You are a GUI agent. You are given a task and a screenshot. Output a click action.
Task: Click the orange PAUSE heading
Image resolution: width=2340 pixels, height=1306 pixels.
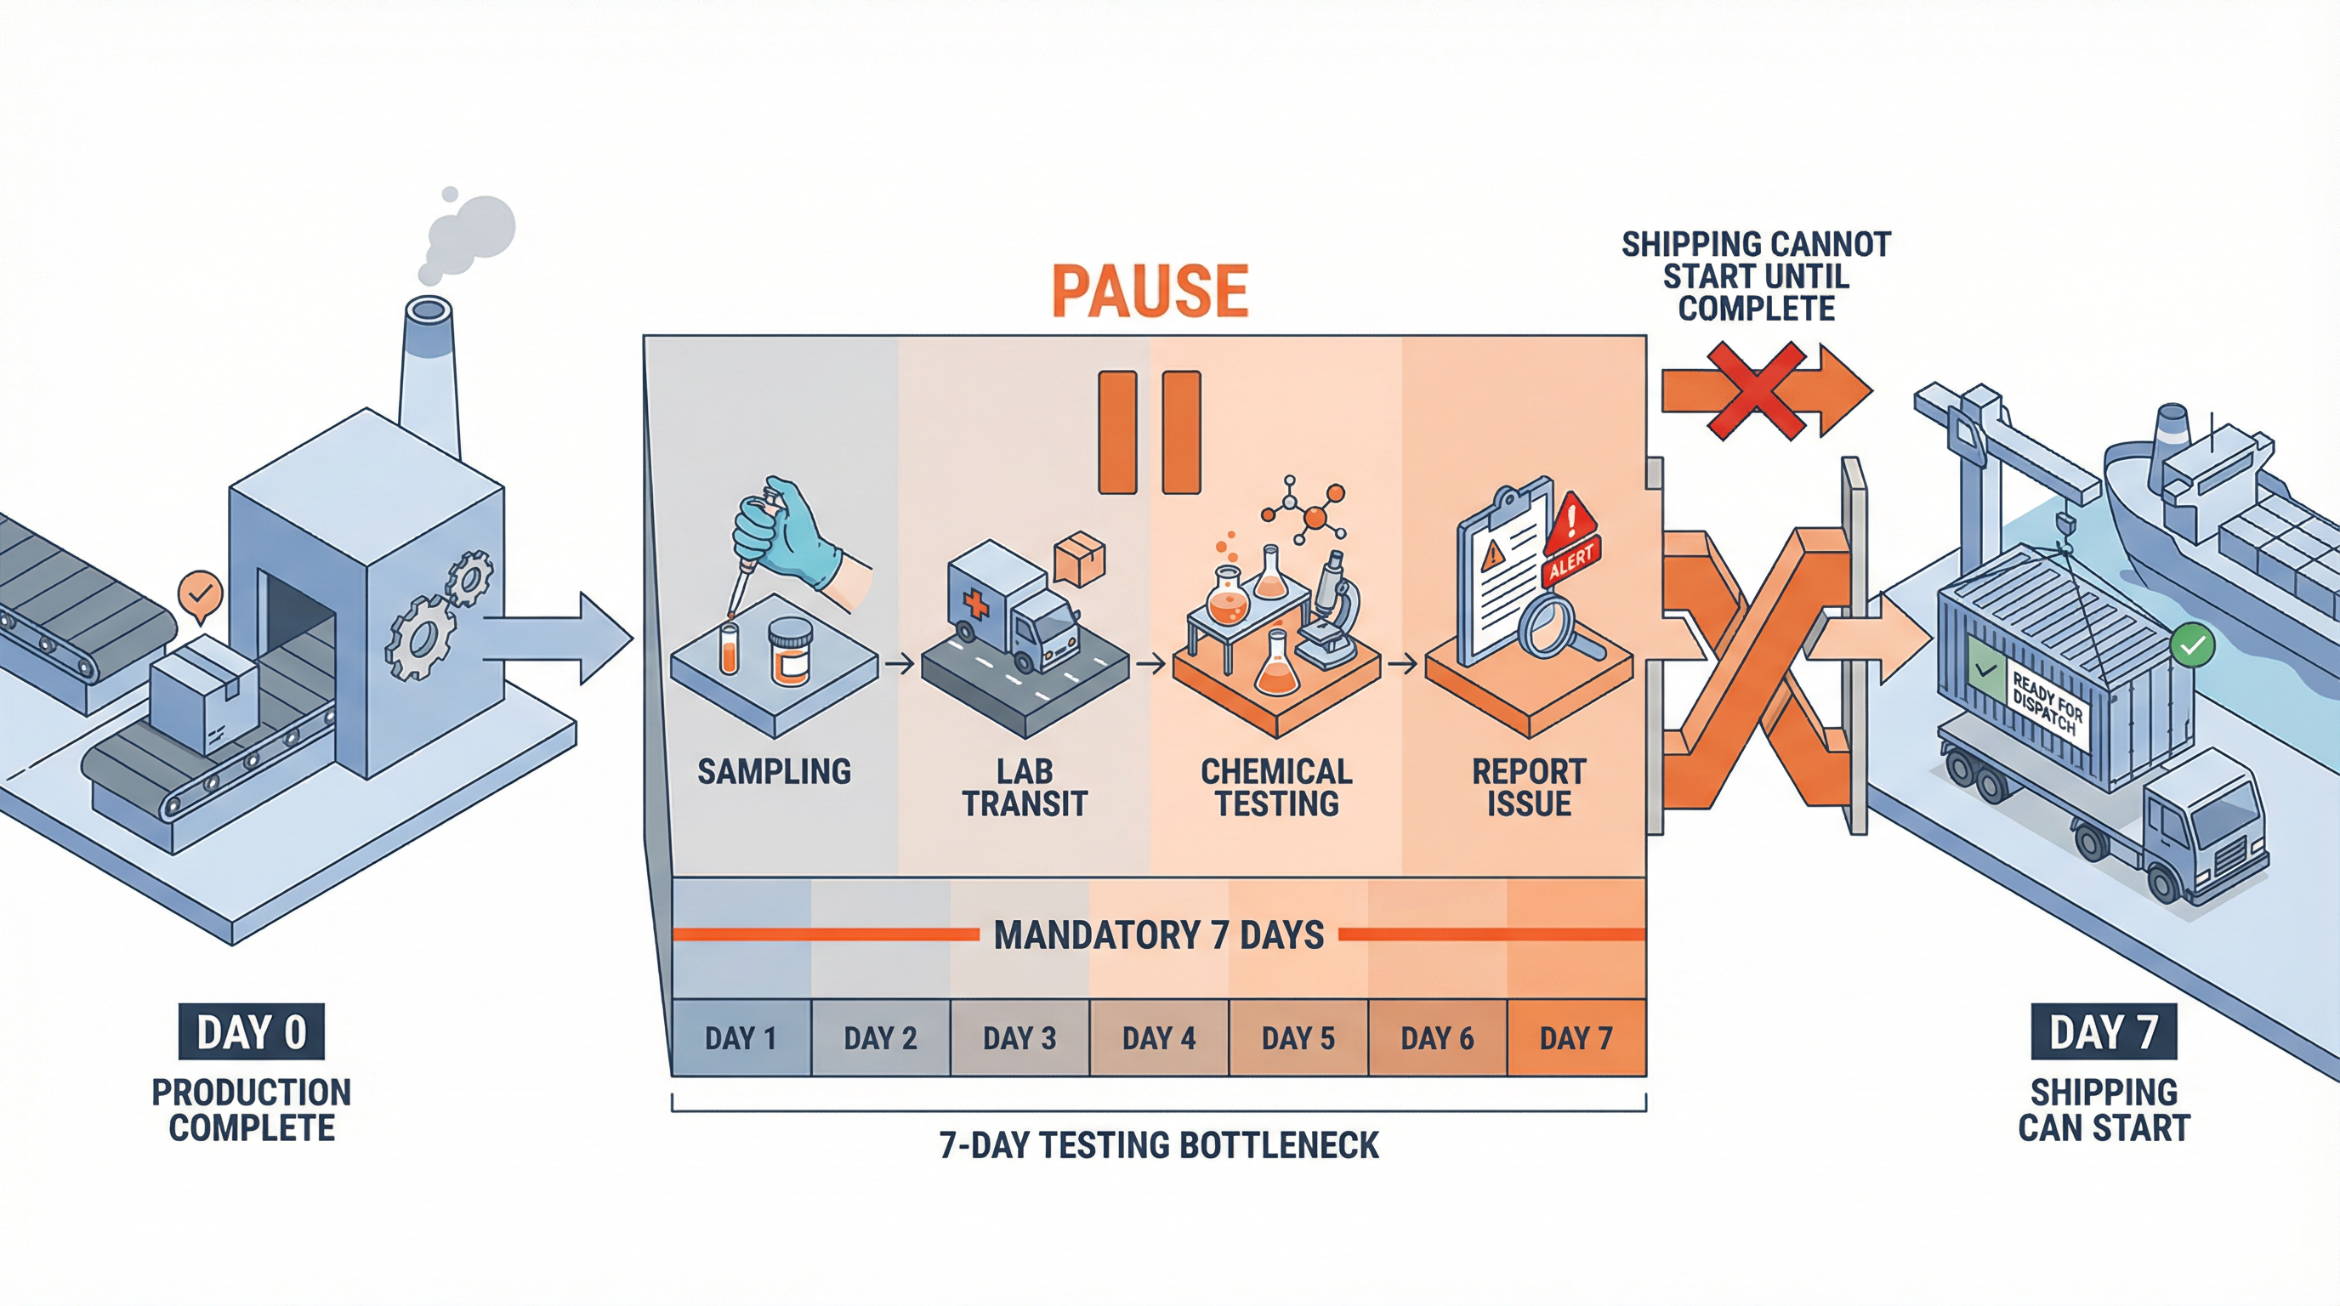(x=1150, y=292)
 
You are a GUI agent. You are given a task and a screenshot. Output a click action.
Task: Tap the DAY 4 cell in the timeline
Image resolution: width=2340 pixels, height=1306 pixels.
(x=1158, y=1038)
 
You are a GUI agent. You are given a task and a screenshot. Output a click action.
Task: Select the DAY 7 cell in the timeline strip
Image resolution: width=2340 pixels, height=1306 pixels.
(x=1576, y=1038)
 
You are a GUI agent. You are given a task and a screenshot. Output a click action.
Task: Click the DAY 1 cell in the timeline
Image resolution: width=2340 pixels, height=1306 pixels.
(x=741, y=1038)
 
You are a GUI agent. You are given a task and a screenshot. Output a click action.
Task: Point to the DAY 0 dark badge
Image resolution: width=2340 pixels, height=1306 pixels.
(x=252, y=1031)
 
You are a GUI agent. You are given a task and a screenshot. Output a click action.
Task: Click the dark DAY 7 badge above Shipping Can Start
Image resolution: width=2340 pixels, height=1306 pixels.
(x=2104, y=1031)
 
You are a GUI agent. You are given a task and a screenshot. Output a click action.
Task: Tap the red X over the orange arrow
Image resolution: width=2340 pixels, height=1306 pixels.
(x=1755, y=390)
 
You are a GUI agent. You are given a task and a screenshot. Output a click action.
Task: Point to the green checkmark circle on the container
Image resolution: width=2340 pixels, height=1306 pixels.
(x=2192, y=644)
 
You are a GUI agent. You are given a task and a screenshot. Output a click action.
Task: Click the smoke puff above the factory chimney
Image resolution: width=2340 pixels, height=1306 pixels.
(x=468, y=236)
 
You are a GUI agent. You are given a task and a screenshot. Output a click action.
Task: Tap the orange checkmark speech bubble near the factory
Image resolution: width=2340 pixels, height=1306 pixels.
(x=201, y=595)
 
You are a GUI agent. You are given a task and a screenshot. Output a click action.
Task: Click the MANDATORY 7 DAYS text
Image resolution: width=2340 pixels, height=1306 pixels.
(x=1158, y=934)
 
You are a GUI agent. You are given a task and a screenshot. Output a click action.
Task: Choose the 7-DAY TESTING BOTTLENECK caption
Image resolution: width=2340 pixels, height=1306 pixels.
(x=1158, y=1145)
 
